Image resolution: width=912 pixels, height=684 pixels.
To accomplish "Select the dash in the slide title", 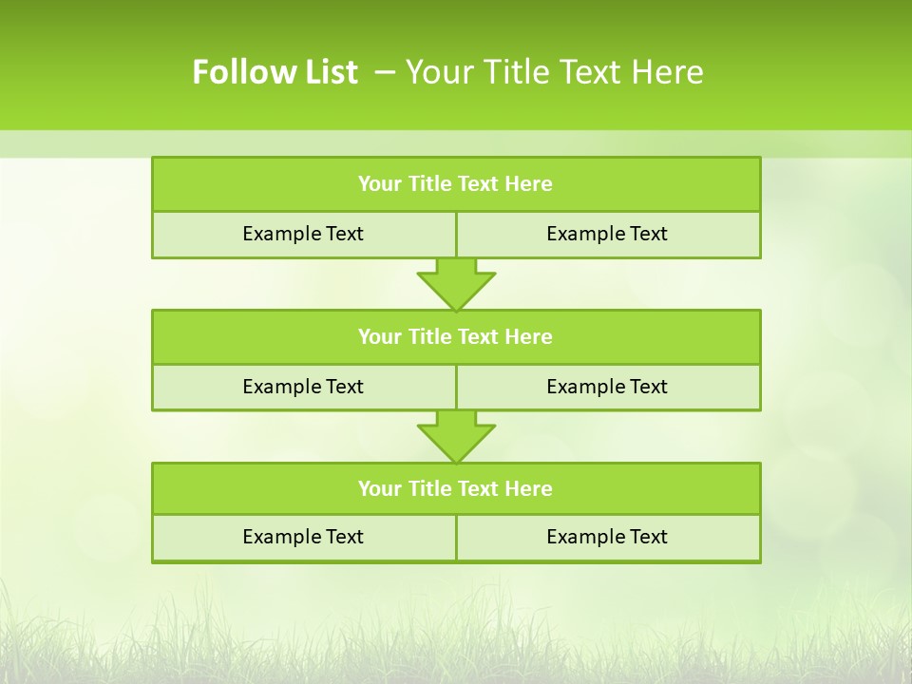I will [386, 72].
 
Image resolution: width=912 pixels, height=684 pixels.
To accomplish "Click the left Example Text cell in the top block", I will [304, 234].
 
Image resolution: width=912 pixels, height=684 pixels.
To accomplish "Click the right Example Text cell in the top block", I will [608, 234].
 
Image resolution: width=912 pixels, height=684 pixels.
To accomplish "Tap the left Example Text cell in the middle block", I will [304, 387].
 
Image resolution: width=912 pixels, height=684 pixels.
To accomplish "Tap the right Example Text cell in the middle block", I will [608, 387].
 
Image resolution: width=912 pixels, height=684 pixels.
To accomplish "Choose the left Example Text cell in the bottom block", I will [304, 537].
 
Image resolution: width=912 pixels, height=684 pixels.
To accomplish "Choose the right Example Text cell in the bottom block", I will [608, 537].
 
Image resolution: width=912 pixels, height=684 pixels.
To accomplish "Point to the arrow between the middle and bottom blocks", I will [456, 436].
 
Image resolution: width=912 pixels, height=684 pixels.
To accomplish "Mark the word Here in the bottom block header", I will [529, 488].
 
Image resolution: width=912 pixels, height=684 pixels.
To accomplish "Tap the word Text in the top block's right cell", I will [648, 234].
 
